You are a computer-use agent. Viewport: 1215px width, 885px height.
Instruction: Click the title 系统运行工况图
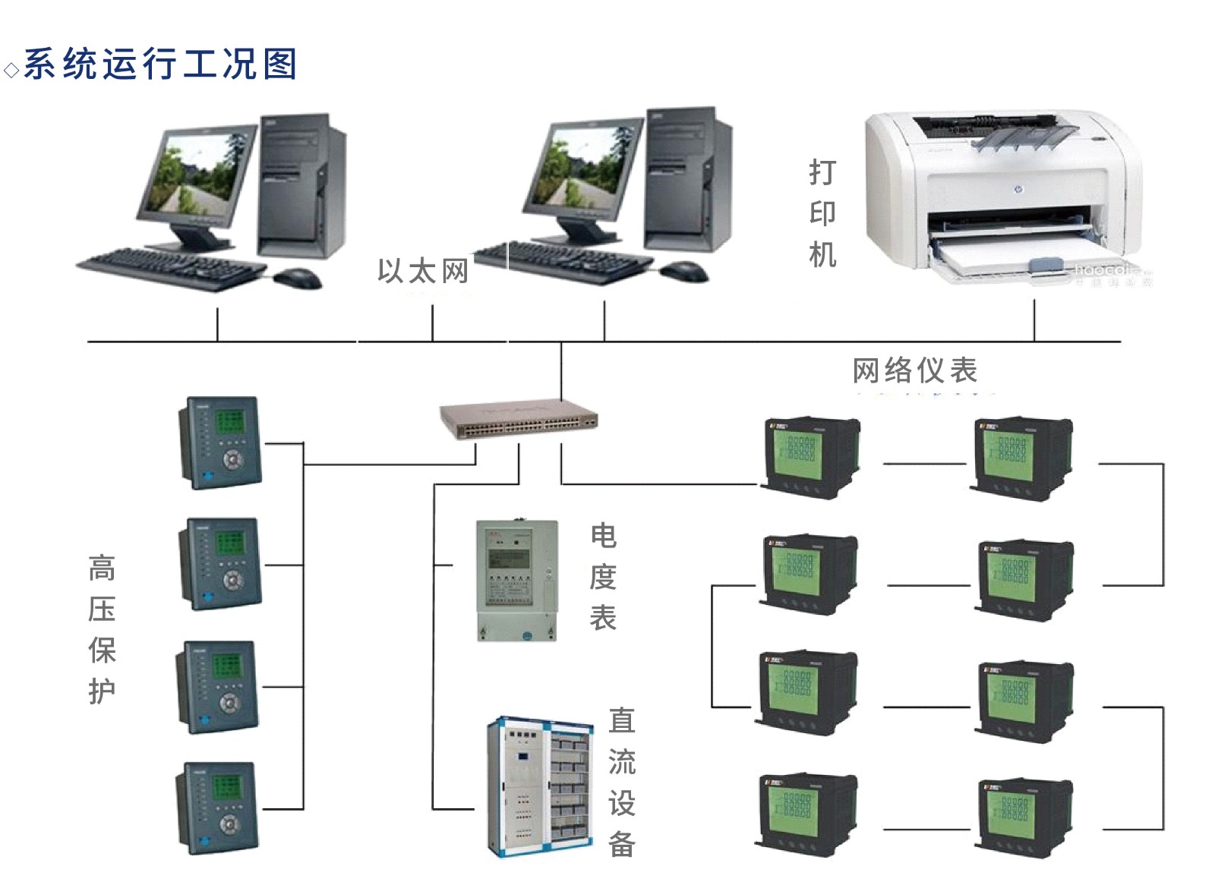160,64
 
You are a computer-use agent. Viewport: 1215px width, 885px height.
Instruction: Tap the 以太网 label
423,271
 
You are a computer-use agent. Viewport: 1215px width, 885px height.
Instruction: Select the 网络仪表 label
914,370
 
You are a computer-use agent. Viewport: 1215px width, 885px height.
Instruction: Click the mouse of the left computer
298,278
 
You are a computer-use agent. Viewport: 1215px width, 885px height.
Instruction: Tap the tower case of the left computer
301,186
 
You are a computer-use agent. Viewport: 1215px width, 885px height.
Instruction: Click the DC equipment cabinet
538,787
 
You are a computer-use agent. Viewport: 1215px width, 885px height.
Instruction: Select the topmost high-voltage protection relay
220,442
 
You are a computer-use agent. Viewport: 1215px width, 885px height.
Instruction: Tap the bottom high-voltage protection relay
218,808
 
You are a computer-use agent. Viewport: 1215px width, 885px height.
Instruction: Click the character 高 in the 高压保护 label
102,568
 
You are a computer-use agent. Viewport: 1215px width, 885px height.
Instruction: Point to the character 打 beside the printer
822,172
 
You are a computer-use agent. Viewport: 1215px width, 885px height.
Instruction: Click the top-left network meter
809,457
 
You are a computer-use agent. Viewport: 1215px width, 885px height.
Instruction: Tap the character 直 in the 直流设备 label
622,720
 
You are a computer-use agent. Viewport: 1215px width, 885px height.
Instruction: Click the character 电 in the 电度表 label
604,536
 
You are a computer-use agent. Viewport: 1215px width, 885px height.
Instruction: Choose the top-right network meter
1023,458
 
